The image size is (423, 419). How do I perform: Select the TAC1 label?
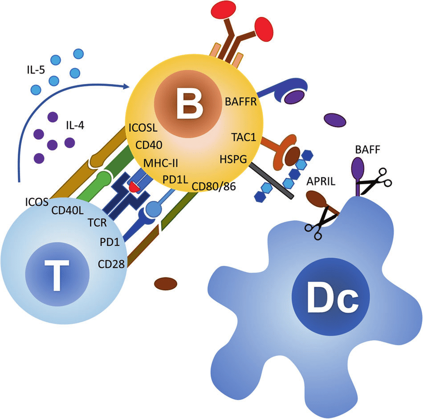pos(244,136)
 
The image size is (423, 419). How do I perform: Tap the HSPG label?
pos(233,159)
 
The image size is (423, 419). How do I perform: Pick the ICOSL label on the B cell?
pos(143,128)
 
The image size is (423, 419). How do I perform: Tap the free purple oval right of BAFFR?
pos(334,120)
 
